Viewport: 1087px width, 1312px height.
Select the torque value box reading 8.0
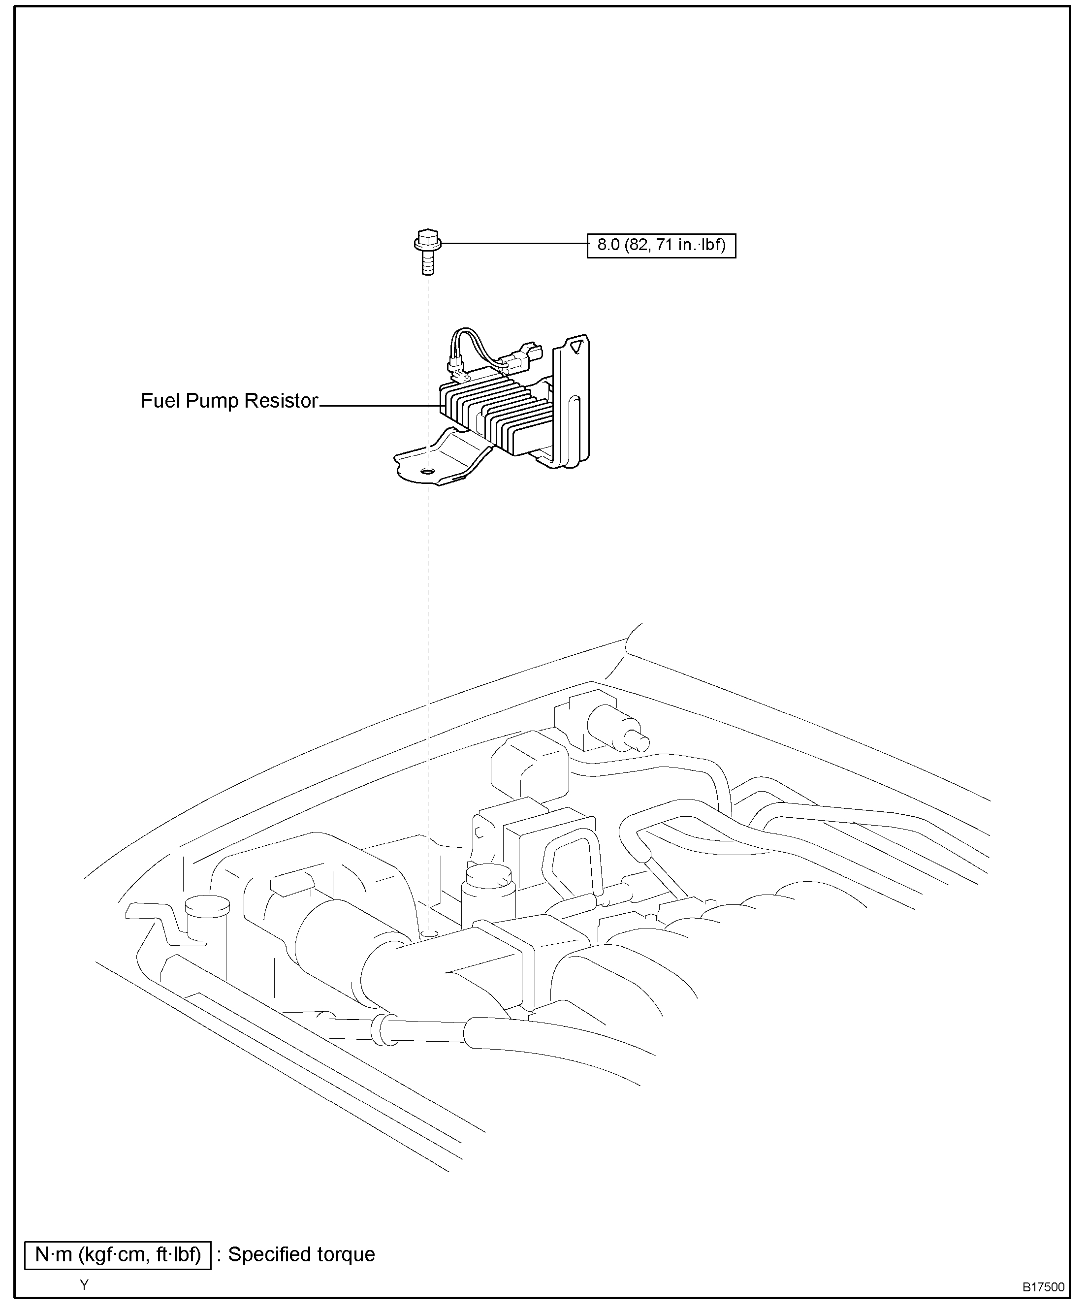tap(661, 245)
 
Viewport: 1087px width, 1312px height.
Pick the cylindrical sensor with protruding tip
tap(615, 728)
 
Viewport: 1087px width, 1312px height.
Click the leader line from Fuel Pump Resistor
tap(381, 406)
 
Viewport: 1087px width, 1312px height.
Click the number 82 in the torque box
tap(639, 245)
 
